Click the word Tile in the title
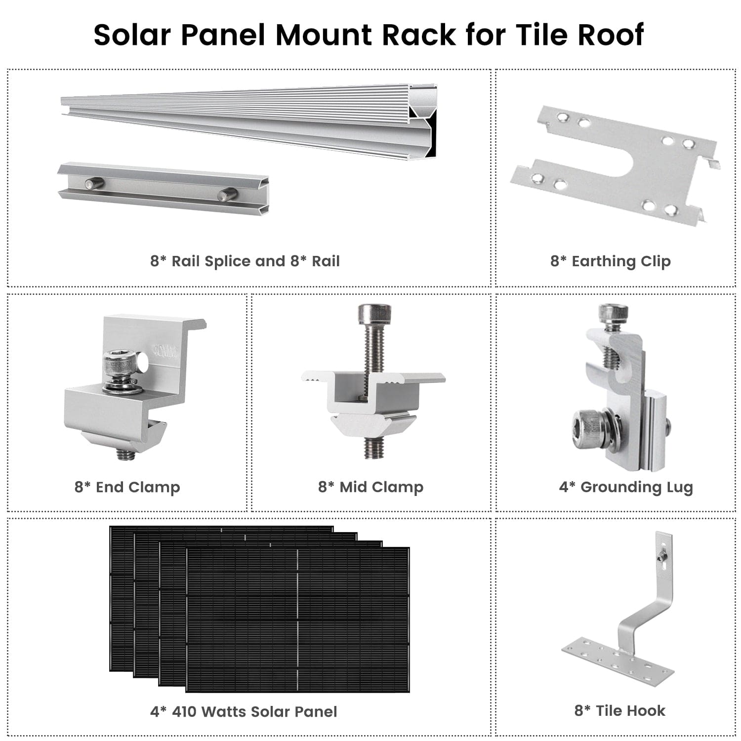(542, 35)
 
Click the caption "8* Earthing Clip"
(611, 261)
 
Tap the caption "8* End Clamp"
(127, 487)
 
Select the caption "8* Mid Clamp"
(370, 487)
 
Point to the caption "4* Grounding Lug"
(626, 487)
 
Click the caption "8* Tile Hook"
(619, 710)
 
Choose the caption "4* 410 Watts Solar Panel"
(244, 711)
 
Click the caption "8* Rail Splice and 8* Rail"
(245, 261)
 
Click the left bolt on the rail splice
(94, 184)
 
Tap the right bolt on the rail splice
(228, 195)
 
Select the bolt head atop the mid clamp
(374, 313)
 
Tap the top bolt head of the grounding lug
(613, 313)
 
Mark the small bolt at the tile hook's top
(660, 557)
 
